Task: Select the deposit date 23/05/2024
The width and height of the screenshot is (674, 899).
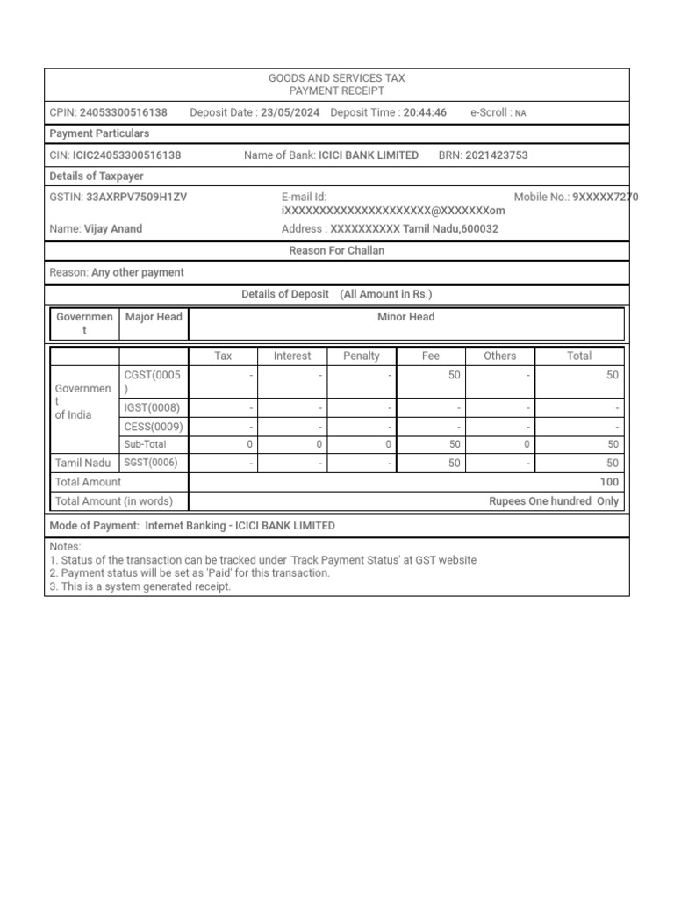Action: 290,112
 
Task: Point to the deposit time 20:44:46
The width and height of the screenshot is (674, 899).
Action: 425,112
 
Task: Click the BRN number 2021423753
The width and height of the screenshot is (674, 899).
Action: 497,155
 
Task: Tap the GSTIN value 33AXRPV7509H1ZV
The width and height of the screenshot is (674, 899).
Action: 136,198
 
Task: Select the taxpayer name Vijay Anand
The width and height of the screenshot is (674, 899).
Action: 112,229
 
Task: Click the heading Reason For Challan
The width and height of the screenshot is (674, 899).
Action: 337,251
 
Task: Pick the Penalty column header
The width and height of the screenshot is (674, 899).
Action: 362,356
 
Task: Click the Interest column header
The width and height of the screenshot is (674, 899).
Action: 292,356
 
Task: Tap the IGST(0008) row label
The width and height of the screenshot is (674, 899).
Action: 152,408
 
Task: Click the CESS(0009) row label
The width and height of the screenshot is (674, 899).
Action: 154,427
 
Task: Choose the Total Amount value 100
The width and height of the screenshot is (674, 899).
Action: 609,482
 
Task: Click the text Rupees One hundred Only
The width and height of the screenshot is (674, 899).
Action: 553,501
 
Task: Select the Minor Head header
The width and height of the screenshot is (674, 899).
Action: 405,317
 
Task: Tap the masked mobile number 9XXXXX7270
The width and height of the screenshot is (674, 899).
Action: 605,198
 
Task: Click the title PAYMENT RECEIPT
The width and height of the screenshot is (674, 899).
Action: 337,91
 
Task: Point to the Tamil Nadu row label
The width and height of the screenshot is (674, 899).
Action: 83,464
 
